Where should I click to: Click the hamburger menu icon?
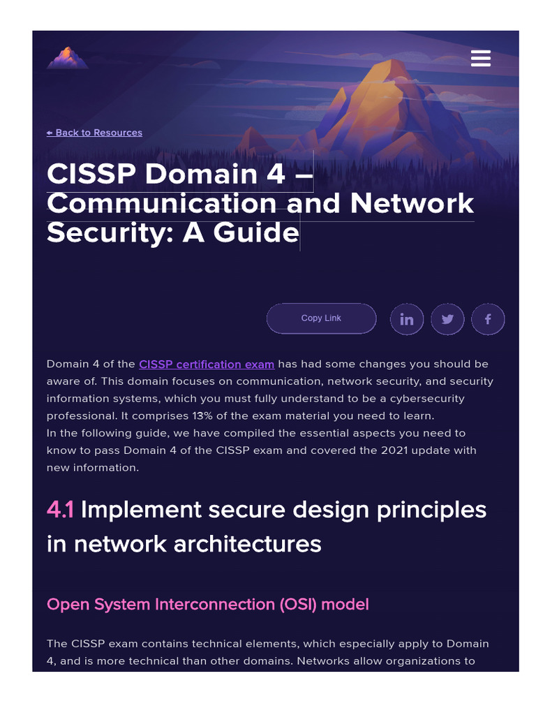pos(481,58)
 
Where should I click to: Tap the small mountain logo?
pos(67,58)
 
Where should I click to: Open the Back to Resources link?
pos(94,133)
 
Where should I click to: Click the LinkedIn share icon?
pos(406,320)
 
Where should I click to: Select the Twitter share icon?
pos(447,320)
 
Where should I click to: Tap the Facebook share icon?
pos(488,320)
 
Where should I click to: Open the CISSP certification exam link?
pos(207,364)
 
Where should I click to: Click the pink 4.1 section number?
pos(60,510)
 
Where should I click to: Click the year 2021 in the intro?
pos(394,450)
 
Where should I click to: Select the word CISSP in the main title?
pos(91,174)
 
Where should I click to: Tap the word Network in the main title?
pos(412,203)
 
